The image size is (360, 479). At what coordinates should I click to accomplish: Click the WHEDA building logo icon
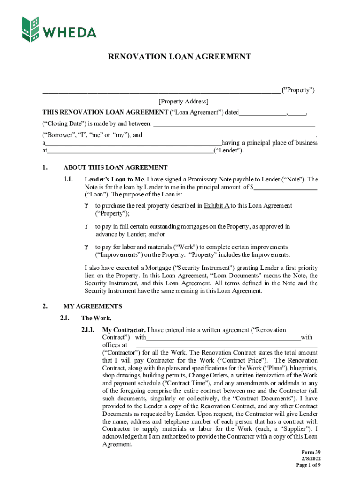coord(31,29)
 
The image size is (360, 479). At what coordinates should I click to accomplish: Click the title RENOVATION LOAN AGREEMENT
coord(180,57)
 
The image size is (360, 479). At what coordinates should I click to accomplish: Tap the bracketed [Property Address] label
coord(183,101)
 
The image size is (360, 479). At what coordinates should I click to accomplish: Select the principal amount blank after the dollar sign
coord(286,188)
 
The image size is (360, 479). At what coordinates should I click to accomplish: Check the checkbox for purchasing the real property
coord(86,206)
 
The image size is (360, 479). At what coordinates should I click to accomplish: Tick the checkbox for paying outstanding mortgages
coord(86,226)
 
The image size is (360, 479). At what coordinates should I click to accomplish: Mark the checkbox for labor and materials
coord(86,247)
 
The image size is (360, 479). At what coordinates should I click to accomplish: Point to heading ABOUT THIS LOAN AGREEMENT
coord(115,167)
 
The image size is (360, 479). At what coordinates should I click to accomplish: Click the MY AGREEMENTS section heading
coord(93,306)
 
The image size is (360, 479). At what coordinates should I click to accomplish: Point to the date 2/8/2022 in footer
coord(310,458)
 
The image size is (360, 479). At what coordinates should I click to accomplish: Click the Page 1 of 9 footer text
coord(308,465)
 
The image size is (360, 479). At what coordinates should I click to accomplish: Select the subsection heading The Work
coord(96,318)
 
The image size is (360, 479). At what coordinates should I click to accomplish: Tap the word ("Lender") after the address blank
coord(229,151)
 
